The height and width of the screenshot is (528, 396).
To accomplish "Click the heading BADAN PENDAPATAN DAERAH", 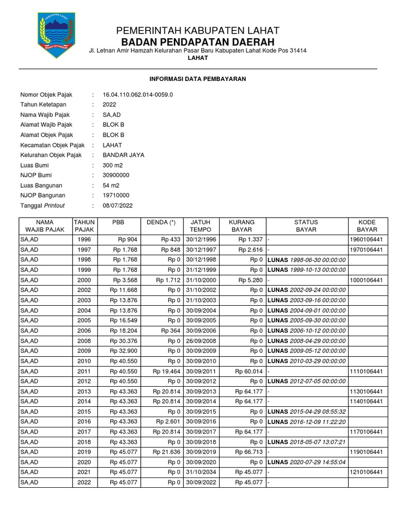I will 198,42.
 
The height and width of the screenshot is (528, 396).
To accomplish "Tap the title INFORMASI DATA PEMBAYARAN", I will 197,79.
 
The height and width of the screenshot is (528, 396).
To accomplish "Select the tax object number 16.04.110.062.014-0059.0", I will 138,95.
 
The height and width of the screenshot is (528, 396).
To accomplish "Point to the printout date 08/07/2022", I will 118,205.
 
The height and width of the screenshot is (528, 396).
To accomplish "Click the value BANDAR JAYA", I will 123,155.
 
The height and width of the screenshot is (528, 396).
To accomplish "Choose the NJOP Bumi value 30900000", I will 116,175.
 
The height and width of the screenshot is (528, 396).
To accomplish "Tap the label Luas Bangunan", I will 41,185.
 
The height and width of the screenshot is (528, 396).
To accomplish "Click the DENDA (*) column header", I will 161,222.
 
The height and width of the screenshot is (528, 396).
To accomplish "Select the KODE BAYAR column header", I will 367,226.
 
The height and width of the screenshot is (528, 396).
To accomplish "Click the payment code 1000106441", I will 367,280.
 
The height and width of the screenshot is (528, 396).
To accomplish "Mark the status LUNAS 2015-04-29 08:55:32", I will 306,411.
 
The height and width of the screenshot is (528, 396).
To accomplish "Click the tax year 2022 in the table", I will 84,482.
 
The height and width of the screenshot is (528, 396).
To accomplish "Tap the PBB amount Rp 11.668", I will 122,290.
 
